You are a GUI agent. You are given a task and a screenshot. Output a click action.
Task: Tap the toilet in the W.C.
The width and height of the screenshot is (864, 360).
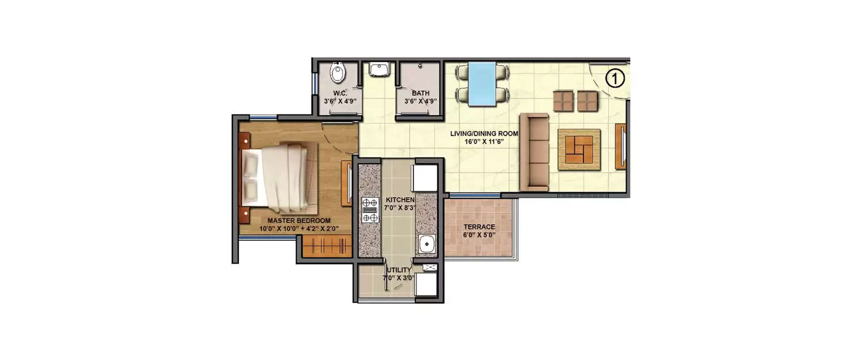pyautogui.click(x=337, y=74)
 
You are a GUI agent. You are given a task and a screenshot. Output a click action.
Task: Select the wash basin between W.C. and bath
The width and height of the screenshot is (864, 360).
pyautogui.click(x=379, y=70)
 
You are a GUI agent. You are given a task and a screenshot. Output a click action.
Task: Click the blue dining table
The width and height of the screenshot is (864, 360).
pyautogui.click(x=482, y=84)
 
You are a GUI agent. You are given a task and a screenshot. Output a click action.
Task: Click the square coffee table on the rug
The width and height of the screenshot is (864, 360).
pyautogui.click(x=579, y=149)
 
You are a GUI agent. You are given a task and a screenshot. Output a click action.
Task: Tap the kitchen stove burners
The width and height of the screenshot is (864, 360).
pyautogui.click(x=369, y=210)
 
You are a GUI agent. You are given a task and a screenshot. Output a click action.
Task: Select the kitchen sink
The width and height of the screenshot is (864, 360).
pyautogui.click(x=427, y=245)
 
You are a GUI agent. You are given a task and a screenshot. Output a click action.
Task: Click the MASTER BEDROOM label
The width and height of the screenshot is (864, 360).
pyautogui.click(x=298, y=221)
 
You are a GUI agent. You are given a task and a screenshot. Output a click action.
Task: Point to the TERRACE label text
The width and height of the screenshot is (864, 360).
pyautogui.click(x=479, y=227)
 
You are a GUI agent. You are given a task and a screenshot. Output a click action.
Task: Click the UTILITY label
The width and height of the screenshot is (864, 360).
pyautogui.click(x=399, y=270)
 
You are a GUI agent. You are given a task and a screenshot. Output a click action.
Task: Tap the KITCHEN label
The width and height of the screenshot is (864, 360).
pyautogui.click(x=400, y=199)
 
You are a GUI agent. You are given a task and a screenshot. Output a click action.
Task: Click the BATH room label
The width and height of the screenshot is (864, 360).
pyautogui.click(x=420, y=93)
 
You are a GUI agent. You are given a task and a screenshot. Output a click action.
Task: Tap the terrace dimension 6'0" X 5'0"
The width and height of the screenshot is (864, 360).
pyautogui.click(x=479, y=235)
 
